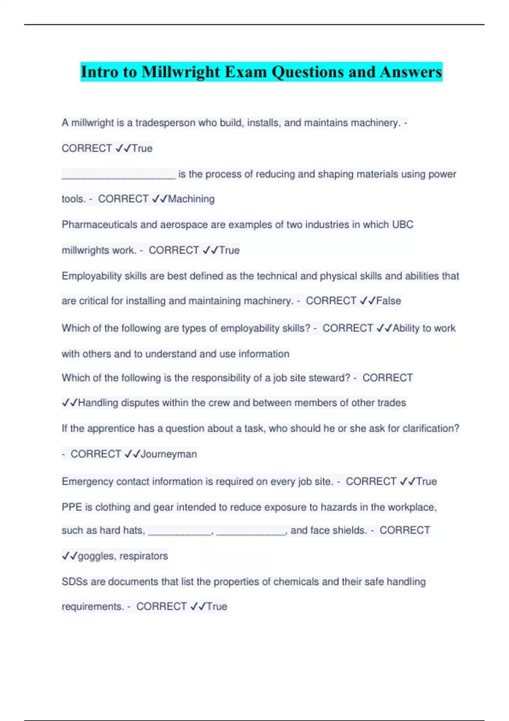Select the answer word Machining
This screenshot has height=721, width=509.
pyautogui.click(x=191, y=199)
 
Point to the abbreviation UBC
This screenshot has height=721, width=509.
pyautogui.click(x=403, y=224)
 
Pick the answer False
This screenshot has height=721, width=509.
pyautogui.click(x=389, y=301)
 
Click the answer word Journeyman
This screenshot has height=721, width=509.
pyautogui.click(x=169, y=454)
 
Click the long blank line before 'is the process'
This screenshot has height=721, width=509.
pyautogui.click(x=118, y=175)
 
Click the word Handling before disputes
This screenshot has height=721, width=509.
pyautogui.click(x=98, y=402)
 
